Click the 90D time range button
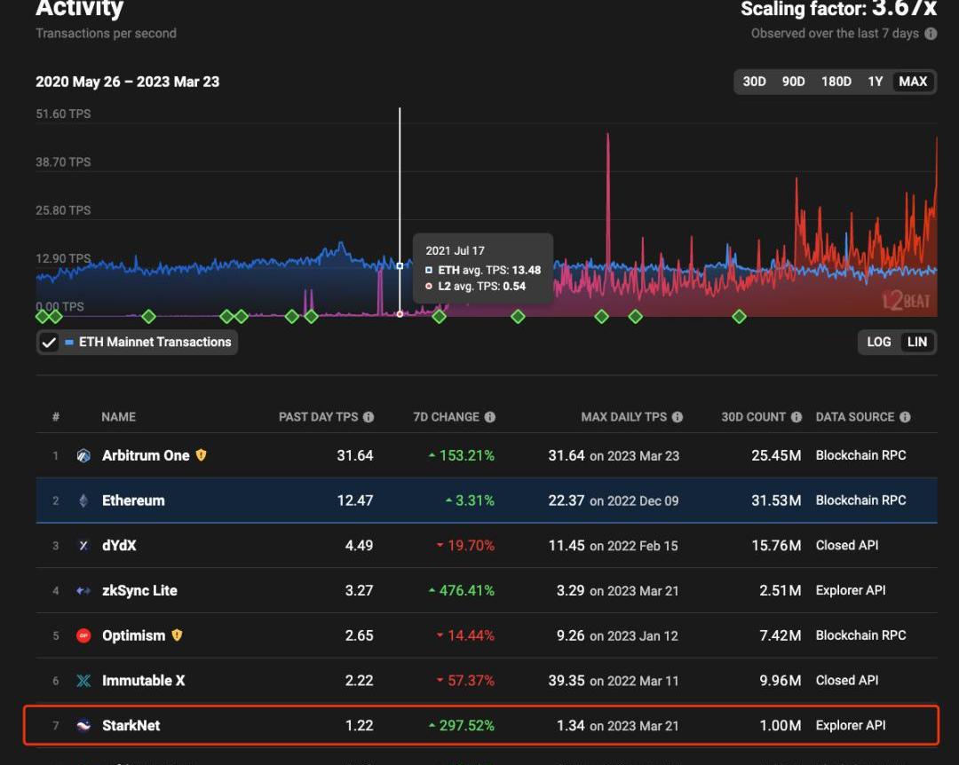[793, 82]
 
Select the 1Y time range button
[876, 82]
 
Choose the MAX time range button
[913, 82]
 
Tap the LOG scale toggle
[878, 342]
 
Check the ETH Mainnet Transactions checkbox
[49, 342]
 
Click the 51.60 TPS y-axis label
[63, 114]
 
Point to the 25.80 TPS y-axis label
[63, 210]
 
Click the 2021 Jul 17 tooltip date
[456, 251]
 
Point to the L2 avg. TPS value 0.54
[514, 286]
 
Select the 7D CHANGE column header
[446, 417]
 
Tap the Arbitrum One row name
[146, 455]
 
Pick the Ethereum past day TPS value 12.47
[355, 501]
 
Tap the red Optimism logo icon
[83, 635]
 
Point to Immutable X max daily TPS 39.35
[567, 681]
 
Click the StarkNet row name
[131, 726]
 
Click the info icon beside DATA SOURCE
[905, 417]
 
